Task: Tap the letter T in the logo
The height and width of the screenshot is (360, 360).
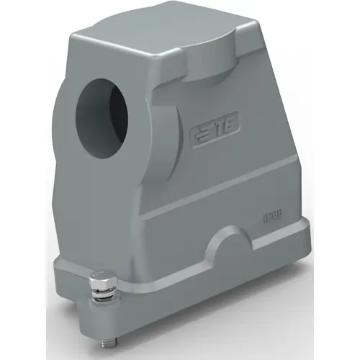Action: pyautogui.click(x=232, y=130)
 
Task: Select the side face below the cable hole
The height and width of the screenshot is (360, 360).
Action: pyautogui.click(x=101, y=209)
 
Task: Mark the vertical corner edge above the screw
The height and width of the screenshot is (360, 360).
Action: pyautogui.click(x=135, y=216)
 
